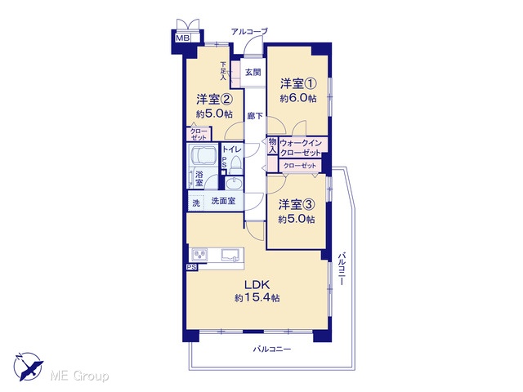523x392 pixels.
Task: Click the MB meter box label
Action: pos(182,38)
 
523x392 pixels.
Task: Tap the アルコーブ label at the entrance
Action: pos(250,32)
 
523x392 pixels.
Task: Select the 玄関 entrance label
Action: pos(253,72)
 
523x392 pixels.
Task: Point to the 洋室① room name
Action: pos(298,83)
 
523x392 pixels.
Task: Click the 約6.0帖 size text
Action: pos(298,98)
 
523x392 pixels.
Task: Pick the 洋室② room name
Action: pos(214,100)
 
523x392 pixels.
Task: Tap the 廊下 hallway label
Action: pos(255,116)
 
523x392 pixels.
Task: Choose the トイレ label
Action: pos(232,149)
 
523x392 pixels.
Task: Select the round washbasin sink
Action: pos(234,184)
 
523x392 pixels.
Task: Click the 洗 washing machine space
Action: pos(196,203)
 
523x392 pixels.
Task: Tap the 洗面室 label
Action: pos(223,201)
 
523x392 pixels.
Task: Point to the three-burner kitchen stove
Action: pos(199,255)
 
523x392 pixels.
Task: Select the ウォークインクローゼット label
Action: pos(301,148)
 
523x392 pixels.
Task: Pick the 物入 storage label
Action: pos(272,146)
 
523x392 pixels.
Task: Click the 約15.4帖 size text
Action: pos(257,297)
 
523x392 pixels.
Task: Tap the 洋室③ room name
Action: pos(297,204)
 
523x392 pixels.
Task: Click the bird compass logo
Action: pos(28,367)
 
